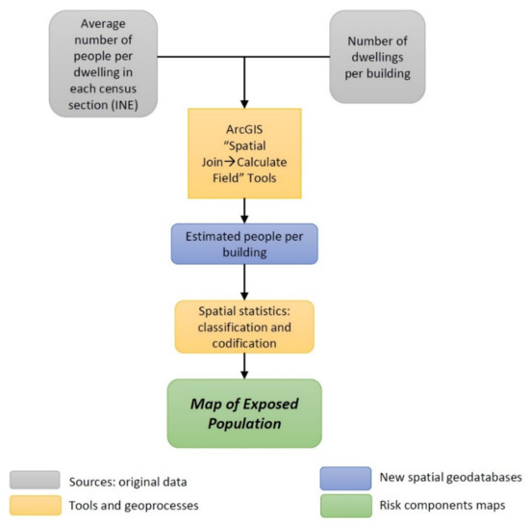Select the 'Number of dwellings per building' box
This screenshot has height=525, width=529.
click(x=376, y=57)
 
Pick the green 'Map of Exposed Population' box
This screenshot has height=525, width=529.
click(x=244, y=412)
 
